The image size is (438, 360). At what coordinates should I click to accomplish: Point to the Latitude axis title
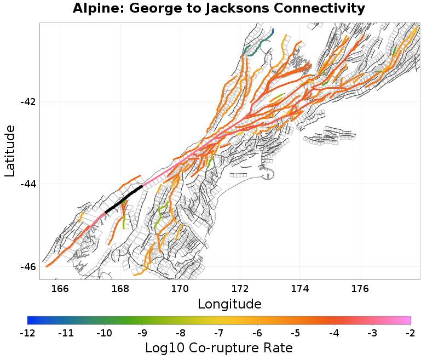point(10,151)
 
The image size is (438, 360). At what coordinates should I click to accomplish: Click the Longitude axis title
point(229,304)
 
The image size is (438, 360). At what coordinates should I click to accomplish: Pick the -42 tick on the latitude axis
point(28,102)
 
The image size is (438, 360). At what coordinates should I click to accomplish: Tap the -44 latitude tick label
point(28,184)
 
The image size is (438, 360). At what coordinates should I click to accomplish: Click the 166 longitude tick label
point(60,289)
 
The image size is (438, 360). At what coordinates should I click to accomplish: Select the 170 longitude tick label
point(180,289)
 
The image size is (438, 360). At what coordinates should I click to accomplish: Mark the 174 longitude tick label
point(300,289)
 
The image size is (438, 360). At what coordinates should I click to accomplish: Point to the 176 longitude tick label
point(360,289)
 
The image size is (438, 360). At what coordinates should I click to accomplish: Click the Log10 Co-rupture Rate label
point(219,347)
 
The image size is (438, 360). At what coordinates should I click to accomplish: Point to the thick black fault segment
point(124,198)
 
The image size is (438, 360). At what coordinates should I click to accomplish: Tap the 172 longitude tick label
point(240,289)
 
